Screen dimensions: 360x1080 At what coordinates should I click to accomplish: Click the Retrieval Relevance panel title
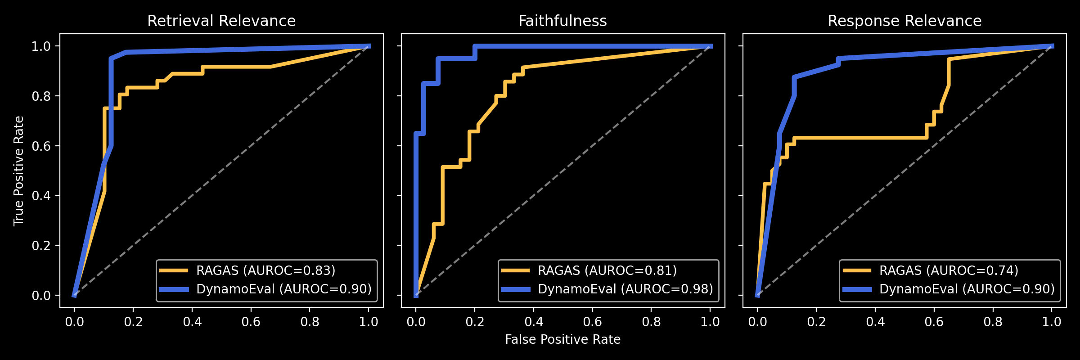click(221, 21)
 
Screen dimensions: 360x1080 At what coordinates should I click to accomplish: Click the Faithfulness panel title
click(562, 21)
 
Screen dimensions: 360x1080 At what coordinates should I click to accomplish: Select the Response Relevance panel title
click(904, 21)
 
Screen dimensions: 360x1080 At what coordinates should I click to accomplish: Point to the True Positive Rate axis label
click(18, 171)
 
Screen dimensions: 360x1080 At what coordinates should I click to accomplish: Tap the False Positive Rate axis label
click(562, 339)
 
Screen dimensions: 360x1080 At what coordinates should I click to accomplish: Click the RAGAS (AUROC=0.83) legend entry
click(265, 270)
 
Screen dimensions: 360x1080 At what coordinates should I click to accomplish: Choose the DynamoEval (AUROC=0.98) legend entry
click(625, 289)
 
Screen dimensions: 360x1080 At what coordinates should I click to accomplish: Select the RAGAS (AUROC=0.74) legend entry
click(949, 270)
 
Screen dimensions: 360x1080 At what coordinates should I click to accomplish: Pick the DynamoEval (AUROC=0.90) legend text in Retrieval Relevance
click(284, 289)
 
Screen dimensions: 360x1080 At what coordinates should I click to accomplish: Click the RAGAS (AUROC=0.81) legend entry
click(607, 270)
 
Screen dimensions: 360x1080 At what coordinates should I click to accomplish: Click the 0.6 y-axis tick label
click(41, 146)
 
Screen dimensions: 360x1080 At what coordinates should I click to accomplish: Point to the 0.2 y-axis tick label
click(41, 246)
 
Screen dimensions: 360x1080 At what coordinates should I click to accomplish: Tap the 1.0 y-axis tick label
click(41, 46)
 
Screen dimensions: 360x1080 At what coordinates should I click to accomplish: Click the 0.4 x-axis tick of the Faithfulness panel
click(534, 322)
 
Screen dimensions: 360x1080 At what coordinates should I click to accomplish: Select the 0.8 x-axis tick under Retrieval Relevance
click(310, 322)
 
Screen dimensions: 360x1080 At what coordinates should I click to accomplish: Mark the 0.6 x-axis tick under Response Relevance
click(934, 322)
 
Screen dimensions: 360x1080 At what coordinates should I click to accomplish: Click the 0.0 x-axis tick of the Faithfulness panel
click(416, 322)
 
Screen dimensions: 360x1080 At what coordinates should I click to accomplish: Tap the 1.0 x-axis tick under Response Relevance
click(1052, 322)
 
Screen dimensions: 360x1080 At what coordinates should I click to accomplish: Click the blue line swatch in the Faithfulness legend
click(516, 289)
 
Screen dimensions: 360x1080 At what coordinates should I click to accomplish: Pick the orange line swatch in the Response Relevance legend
click(857, 270)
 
